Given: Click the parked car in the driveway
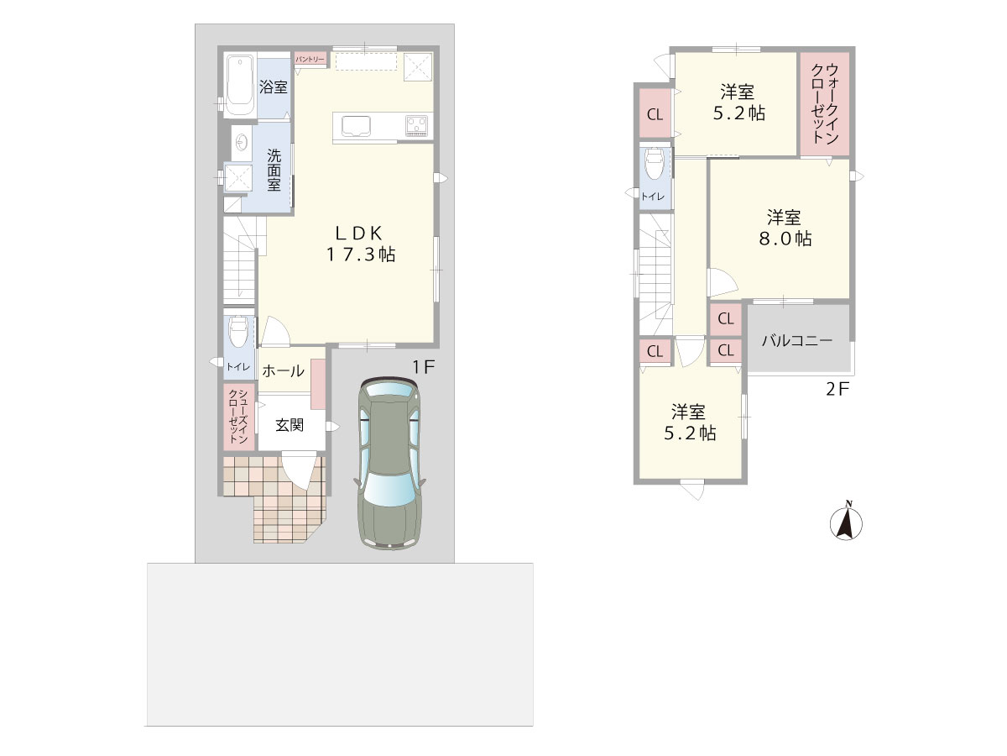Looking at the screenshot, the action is click(x=389, y=463).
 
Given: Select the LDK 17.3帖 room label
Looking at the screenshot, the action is click(x=361, y=244).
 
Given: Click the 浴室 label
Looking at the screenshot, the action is click(x=274, y=87).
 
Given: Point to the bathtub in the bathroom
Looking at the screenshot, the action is click(x=240, y=85).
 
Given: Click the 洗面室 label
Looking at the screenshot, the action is click(x=274, y=171).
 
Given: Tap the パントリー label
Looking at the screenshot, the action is click(x=310, y=59).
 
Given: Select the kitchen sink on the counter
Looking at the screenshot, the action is click(x=356, y=126).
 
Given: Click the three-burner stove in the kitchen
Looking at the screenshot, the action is click(x=417, y=126).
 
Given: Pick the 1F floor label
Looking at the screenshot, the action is click(x=423, y=367).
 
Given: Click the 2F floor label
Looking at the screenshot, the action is click(x=837, y=389).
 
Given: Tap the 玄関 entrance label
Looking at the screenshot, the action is click(x=290, y=425).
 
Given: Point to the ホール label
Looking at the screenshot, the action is click(x=283, y=371).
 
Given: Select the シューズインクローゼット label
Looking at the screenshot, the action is click(x=238, y=417).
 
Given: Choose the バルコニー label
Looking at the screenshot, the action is click(x=797, y=340).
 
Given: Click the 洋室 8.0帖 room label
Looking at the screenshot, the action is click(x=785, y=228).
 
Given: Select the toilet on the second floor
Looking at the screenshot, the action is click(x=655, y=164).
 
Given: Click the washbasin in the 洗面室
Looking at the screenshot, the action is click(x=242, y=142).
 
